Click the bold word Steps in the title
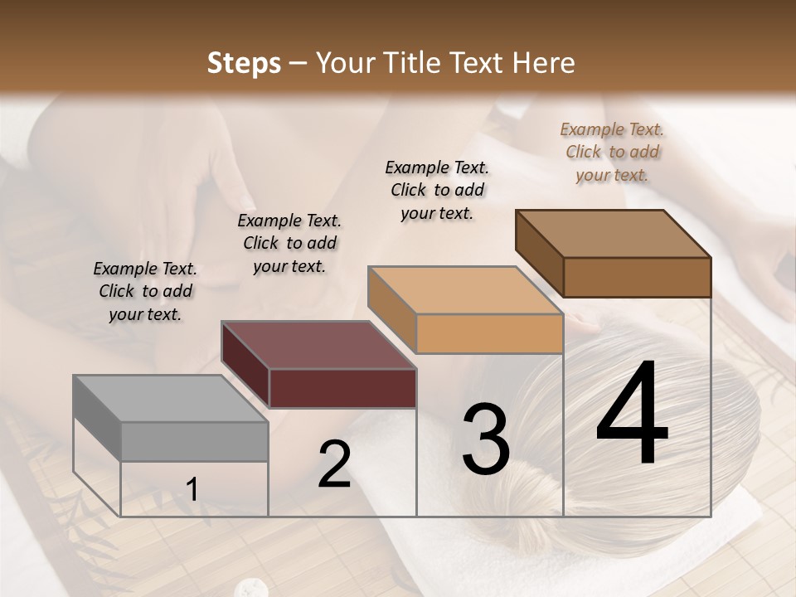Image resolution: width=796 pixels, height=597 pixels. (x=244, y=63)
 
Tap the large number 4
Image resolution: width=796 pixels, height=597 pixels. (x=632, y=415)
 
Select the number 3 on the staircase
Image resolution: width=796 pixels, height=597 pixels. (x=486, y=439)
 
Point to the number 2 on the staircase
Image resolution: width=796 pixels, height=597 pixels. (x=335, y=464)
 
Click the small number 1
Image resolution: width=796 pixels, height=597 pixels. (x=192, y=490)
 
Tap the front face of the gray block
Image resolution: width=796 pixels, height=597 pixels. (x=195, y=442)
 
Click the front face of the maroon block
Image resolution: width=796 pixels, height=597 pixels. (x=343, y=388)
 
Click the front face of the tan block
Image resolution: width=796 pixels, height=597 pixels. (x=489, y=334)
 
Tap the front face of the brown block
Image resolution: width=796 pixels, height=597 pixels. (x=637, y=277)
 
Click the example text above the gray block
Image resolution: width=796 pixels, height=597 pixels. (x=145, y=291)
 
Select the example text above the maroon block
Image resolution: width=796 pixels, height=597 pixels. (x=289, y=243)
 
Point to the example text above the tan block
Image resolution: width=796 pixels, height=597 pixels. (x=437, y=190)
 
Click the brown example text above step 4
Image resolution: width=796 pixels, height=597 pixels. (x=612, y=152)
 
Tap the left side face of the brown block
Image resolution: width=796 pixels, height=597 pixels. (x=539, y=253)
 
